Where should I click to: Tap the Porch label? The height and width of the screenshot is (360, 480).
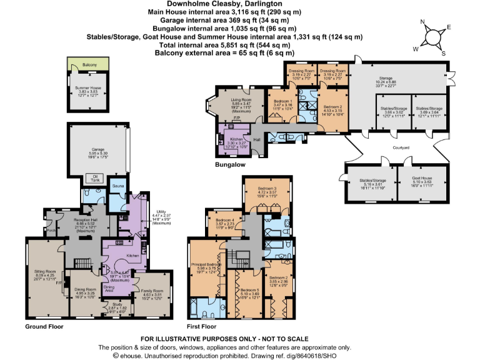(50, 229)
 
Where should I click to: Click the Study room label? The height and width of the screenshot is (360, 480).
(117, 305)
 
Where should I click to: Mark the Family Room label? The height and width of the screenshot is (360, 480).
(152, 291)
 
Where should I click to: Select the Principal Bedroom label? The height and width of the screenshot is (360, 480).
(207, 265)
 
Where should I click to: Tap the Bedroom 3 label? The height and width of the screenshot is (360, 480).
(267, 188)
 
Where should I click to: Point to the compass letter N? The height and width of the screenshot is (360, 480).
(424, 22)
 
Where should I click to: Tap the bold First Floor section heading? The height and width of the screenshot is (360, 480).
(201, 326)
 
